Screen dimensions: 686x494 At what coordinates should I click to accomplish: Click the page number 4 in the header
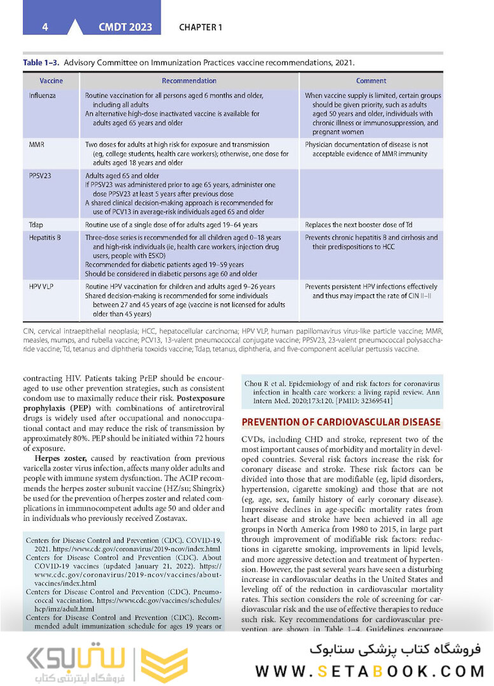pos(45,27)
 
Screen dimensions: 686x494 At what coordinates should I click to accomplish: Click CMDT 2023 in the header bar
pos(125,27)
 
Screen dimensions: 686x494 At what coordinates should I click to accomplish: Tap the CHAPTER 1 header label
pos(201,27)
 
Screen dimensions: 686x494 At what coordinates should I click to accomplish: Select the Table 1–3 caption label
pos(41,63)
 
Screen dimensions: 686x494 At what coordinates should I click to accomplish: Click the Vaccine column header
pos(52,81)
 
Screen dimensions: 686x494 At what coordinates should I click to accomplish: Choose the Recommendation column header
pos(189,81)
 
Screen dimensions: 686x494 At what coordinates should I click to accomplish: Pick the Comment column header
pos(371,81)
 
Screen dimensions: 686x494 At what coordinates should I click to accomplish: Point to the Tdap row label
pos(36,225)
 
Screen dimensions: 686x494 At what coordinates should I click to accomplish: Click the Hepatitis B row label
pos(45,238)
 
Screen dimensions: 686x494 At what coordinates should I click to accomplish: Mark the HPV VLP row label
pos(41,287)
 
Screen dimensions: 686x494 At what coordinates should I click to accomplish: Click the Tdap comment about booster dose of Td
pos(360,225)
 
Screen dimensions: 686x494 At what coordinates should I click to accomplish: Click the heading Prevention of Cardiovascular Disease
pos(341,422)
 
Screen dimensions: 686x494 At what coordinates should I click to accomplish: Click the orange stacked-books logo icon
pos(164,664)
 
